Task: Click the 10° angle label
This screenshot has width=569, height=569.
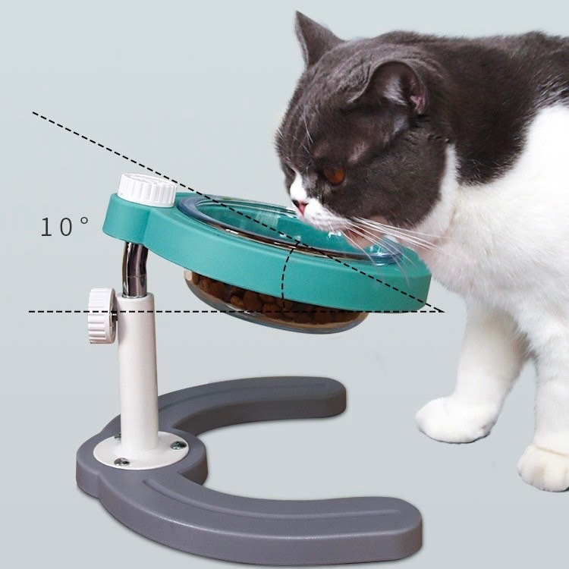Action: point(64,227)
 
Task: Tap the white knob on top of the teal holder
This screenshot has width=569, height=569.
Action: point(147,190)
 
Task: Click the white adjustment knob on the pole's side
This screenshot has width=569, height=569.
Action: point(102,316)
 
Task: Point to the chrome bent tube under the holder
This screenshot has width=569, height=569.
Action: point(134,269)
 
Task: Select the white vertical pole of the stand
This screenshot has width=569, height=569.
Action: point(138,370)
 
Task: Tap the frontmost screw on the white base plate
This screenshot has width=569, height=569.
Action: point(122,461)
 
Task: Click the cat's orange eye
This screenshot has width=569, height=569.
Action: point(334,176)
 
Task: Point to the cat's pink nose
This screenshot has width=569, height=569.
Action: point(301,207)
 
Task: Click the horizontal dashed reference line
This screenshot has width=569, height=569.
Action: point(236,311)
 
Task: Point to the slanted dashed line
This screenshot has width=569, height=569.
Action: point(237,212)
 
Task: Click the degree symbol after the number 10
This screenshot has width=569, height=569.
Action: point(83,220)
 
